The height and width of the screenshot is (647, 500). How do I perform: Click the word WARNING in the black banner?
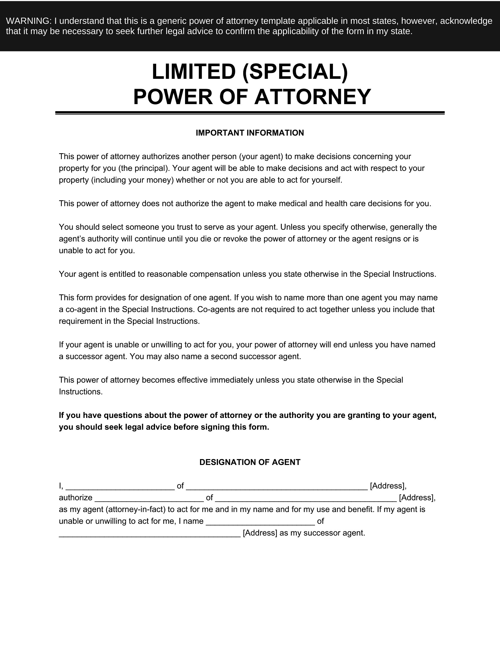coord(29,21)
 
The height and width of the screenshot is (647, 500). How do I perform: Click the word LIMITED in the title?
coord(194,72)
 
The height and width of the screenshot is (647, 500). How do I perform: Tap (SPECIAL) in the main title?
coord(295,72)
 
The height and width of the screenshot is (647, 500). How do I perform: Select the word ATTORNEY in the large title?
coord(312,96)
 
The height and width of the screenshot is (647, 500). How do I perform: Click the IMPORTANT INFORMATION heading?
coord(250,133)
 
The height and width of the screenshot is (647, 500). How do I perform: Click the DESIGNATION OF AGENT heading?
coord(250,462)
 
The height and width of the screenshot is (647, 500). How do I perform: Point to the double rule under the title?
coord(250,113)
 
